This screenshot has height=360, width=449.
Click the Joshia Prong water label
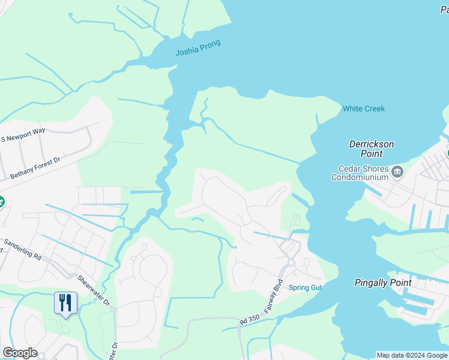point(197,47)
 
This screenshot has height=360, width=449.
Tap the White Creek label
point(363,109)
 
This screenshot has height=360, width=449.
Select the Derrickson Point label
point(372,149)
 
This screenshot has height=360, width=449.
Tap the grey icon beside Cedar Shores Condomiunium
point(397,172)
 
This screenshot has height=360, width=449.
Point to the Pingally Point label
point(383,283)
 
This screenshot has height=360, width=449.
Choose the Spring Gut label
point(306,287)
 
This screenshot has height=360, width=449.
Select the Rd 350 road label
point(249,320)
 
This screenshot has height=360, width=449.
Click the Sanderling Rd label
point(23,250)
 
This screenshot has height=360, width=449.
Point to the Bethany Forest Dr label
point(36,169)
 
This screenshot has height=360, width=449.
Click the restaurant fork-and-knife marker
point(66,302)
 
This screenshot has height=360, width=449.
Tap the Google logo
point(20,353)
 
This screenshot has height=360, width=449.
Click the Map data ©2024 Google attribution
point(412,355)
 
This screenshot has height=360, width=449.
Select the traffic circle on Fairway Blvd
point(291,263)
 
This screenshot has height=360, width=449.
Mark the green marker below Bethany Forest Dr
point(1,202)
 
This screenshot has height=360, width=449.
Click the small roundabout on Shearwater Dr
point(113,308)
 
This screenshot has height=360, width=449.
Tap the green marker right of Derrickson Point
point(447,153)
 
